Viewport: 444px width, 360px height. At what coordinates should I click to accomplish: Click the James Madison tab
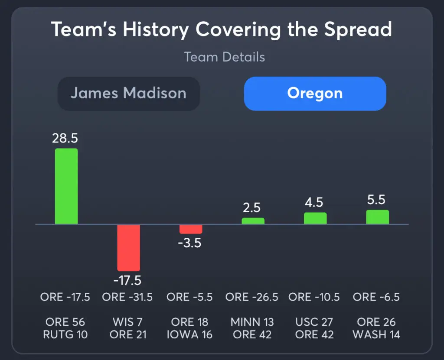click(x=128, y=94)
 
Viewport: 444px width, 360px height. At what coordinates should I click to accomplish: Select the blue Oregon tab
click(x=315, y=94)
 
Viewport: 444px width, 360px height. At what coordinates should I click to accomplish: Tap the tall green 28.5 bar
click(x=66, y=186)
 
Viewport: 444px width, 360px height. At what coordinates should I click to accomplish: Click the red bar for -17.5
click(x=129, y=248)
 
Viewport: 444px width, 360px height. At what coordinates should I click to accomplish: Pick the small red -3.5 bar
click(x=191, y=229)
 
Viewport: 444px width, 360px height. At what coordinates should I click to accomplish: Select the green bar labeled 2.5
click(x=253, y=221)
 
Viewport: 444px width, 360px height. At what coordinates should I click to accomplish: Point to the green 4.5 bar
click(x=315, y=218)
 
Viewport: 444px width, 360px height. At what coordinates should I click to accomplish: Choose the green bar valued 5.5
click(x=377, y=217)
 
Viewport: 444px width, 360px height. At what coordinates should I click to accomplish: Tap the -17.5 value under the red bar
click(x=127, y=281)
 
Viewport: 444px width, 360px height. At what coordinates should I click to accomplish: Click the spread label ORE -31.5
click(x=127, y=297)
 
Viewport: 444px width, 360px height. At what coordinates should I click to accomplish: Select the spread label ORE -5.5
click(x=190, y=297)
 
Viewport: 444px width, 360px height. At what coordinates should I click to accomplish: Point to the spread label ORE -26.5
click(x=252, y=297)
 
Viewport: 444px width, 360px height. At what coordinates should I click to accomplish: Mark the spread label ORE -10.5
click(x=314, y=297)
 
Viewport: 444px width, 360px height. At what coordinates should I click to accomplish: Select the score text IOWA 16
click(x=189, y=335)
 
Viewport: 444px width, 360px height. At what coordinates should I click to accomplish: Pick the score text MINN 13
click(x=252, y=322)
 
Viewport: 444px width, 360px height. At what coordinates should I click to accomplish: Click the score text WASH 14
click(x=376, y=335)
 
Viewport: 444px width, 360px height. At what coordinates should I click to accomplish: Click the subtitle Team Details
click(x=224, y=57)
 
